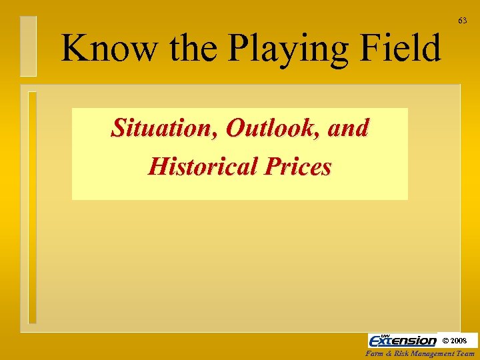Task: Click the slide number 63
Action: coord(462,21)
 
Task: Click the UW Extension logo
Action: coord(403,340)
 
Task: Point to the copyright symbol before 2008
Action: coord(446,341)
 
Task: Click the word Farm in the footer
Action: coord(377,354)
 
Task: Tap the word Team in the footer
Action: coord(467,354)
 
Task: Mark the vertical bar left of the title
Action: coord(28,45)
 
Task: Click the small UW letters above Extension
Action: coord(385,335)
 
